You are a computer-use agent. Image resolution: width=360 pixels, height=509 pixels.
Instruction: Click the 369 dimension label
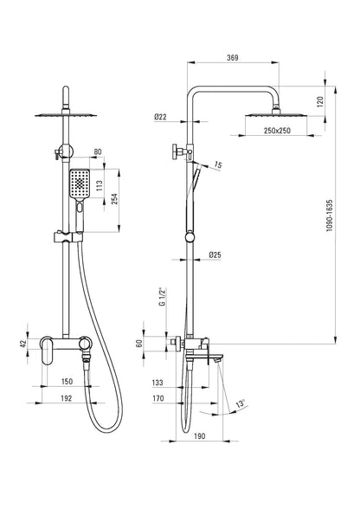coord(233,58)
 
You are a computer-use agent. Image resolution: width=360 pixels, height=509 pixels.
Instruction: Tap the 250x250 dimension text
coord(277,131)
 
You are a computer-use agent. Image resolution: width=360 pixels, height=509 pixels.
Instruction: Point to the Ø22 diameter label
coord(160,117)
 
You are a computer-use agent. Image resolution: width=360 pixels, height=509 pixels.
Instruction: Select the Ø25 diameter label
coord(215,254)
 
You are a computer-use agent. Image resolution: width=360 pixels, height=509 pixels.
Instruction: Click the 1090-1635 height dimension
coord(330,216)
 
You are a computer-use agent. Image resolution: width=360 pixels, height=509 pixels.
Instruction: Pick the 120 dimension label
coord(320,102)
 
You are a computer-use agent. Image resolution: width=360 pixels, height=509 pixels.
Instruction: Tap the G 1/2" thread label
coord(163,296)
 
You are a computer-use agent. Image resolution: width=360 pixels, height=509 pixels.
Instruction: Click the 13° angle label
coord(241,404)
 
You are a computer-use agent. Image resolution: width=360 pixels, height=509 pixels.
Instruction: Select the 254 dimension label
coord(115,199)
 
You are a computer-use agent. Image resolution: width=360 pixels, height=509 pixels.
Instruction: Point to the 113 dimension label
coord(100,185)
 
